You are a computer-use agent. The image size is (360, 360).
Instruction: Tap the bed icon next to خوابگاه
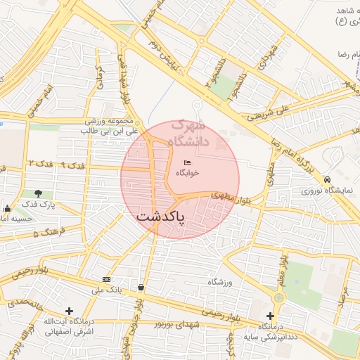[x=187, y=163]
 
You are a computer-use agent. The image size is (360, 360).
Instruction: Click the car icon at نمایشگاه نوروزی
[x=328, y=180]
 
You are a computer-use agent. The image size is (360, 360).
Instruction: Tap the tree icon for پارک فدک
[x=38, y=193]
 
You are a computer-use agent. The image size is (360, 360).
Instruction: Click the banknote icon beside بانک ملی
[x=106, y=279]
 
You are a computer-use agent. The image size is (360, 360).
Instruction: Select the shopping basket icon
[x=143, y=287]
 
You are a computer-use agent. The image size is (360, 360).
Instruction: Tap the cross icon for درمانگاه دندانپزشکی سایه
[x=271, y=316]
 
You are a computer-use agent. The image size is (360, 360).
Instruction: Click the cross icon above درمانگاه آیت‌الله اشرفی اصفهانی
[x=69, y=311]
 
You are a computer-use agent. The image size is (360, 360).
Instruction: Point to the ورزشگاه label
[x=219, y=282]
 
